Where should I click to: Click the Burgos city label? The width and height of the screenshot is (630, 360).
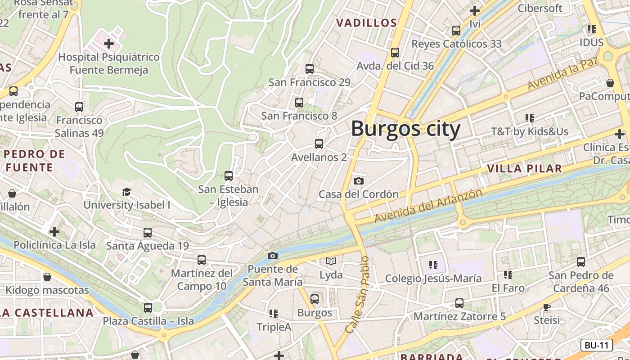coord(405,129)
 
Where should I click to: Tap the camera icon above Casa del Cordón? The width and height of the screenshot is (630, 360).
coord(358,181)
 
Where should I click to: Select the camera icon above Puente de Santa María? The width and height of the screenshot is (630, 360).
coord(272,256)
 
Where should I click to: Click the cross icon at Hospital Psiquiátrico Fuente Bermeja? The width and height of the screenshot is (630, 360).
coord(108,44)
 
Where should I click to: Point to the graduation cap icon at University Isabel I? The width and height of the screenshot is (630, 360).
coord(127,192)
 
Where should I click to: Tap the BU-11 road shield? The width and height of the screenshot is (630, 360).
coord(596,345)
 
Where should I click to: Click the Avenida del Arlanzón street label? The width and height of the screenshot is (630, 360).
coord(428,205)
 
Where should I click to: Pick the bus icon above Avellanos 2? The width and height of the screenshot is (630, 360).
coord(319,144)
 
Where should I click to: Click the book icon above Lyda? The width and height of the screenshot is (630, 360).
coord(331,261)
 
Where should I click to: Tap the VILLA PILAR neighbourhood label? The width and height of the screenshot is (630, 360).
coord(525,169)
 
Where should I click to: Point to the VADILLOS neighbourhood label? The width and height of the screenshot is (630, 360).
coord(367,23)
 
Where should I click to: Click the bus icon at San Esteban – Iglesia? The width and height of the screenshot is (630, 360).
coord(229,176)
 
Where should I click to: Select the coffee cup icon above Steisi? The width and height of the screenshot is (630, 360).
coord(547,307)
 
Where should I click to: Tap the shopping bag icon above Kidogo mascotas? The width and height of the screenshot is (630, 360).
coord(47,277)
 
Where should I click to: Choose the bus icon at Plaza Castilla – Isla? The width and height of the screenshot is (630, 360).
coord(148,308)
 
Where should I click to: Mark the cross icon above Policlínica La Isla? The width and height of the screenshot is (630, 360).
coord(54,232)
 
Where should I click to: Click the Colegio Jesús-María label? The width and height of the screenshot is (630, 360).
coord(433,278)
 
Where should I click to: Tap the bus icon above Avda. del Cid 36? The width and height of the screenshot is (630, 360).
coord(395,53)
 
